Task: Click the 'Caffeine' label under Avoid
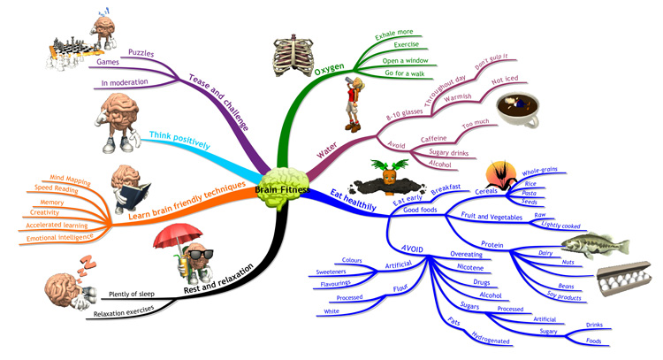pyautogui.click(x=430, y=139)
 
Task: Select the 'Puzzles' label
pyautogui.click(x=141, y=52)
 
